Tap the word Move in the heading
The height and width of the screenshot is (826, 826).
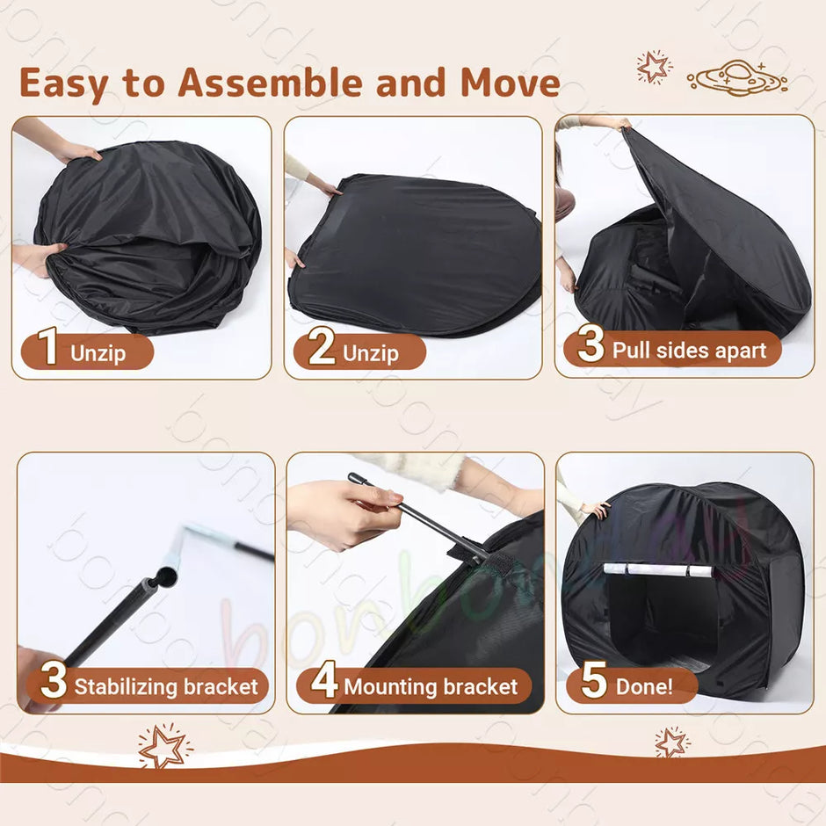pyautogui.click(x=510, y=83)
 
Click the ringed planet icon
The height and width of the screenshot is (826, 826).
pyautogui.click(x=736, y=76)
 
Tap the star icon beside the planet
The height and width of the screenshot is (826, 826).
pyautogui.click(x=654, y=67)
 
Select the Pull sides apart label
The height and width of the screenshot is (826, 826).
pyautogui.click(x=689, y=351)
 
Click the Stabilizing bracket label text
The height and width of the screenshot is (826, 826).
pyautogui.click(x=166, y=686)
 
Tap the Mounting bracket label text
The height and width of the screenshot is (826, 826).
pyautogui.click(x=431, y=686)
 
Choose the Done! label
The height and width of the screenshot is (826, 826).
pyautogui.click(x=645, y=685)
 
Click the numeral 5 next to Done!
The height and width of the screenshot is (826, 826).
pyautogui.click(x=594, y=685)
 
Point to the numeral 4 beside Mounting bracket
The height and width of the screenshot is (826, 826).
pyautogui.click(x=323, y=685)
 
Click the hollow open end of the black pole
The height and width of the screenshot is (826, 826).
pyautogui.click(x=164, y=577)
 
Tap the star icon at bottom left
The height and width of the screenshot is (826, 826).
pyautogui.click(x=164, y=747)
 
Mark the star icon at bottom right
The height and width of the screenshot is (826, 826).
pyautogui.click(x=671, y=743)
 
